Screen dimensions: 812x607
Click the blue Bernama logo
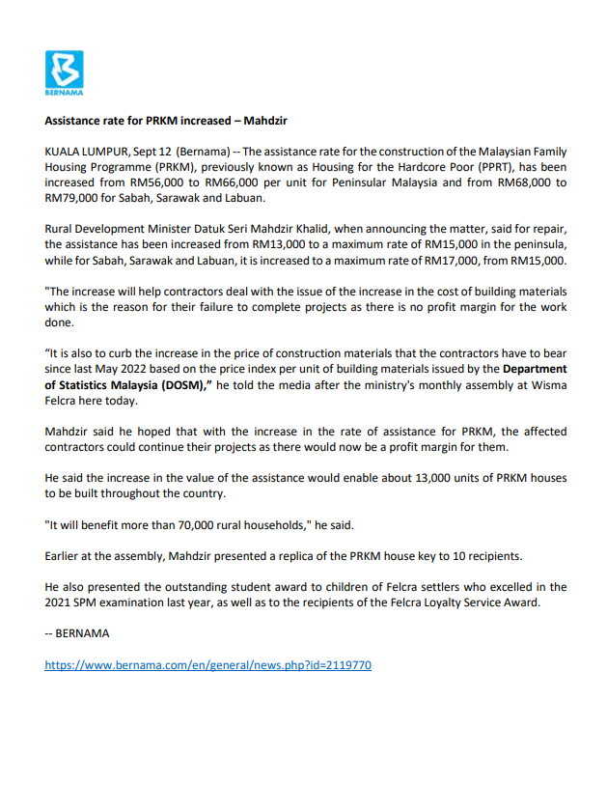coord(65,72)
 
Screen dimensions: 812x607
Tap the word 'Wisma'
coord(546,383)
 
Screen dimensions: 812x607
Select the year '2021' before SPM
coord(61,602)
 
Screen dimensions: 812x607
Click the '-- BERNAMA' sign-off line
coord(77,633)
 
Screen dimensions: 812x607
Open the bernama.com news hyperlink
coord(207,664)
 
